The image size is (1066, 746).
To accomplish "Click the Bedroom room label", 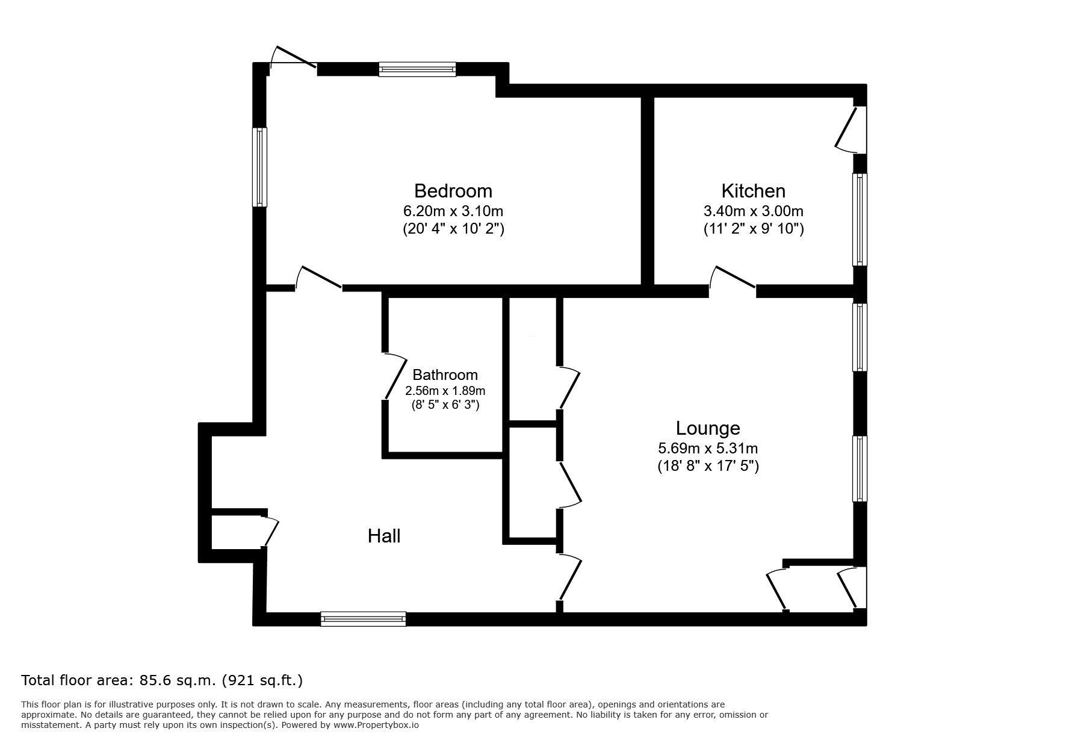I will [x=453, y=191].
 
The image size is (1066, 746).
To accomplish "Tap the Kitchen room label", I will [x=753, y=191].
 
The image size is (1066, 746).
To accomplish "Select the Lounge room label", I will [x=707, y=428].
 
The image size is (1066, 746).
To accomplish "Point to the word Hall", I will [x=384, y=536].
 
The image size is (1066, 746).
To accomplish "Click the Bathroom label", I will [x=445, y=375].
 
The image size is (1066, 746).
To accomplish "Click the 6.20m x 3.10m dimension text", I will [x=453, y=211].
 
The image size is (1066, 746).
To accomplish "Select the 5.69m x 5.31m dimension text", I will [x=707, y=449].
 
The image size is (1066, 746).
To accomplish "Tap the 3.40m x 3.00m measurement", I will [x=753, y=211].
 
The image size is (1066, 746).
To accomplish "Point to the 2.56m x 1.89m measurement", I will [x=445, y=391].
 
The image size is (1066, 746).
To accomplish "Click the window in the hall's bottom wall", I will [x=363, y=618].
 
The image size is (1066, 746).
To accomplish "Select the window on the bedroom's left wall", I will [x=259, y=167].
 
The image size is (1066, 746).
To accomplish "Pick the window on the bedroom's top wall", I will [x=417, y=69].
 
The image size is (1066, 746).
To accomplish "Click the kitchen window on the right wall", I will [x=860, y=220].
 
